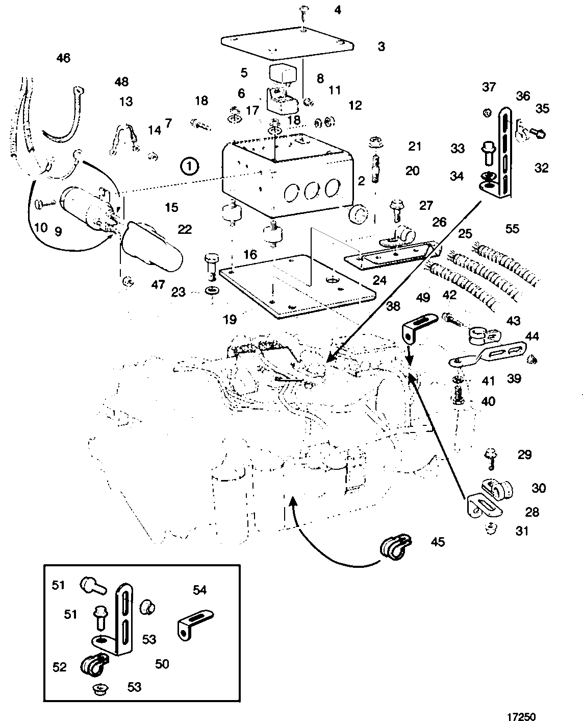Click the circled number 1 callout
(x=189, y=166)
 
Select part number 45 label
(x=438, y=542)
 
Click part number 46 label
(x=63, y=58)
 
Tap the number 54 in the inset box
(x=199, y=590)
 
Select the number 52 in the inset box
(x=60, y=667)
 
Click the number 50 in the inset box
(x=162, y=664)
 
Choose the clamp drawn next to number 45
(x=395, y=545)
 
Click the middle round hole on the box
(x=311, y=191)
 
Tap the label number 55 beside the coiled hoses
(x=512, y=229)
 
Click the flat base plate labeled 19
(x=296, y=286)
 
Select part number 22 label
(x=185, y=229)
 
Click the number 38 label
(x=393, y=305)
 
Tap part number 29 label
(x=524, y=454)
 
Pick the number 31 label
(x=522, y=531)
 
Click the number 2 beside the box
(x=361, y=180)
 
